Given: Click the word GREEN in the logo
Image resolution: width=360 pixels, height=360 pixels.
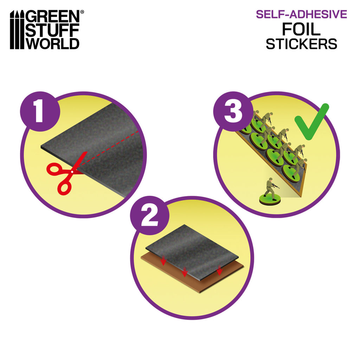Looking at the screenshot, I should point(53,17).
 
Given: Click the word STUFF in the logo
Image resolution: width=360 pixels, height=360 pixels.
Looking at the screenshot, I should point(53,30).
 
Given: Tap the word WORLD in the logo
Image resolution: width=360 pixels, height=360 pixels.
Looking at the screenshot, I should point(53,43).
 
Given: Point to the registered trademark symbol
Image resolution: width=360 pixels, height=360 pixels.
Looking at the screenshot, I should point(82,12).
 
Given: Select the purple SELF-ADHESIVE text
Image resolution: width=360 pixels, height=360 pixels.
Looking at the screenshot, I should point(301,14).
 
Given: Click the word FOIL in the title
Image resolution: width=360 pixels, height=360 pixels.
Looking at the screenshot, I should point(301,30).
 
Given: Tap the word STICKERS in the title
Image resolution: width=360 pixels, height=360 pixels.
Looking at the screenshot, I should point(301,44).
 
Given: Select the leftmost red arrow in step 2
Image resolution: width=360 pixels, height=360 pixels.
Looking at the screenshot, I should point(163,261).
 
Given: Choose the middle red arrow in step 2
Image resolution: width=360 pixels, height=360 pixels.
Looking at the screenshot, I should point(185,272).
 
